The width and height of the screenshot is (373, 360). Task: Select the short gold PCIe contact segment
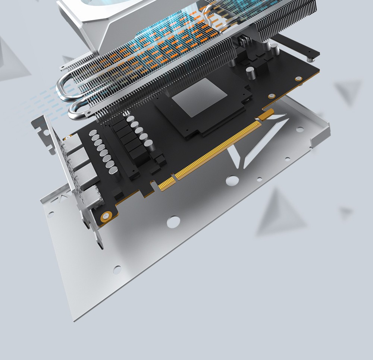[x=167, y=183]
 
